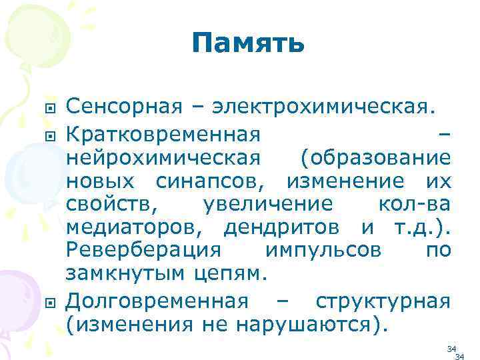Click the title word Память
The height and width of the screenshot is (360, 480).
coord(247,45)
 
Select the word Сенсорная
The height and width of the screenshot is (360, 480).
coord(124,105)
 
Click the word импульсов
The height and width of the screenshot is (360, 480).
coord(323,251)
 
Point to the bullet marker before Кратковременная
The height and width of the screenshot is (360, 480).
coord(49,135)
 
